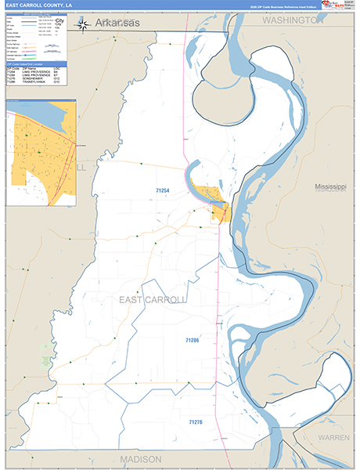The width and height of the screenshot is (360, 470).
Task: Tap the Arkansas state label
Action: pos(117,25)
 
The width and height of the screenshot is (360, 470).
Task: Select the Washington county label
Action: pos(292,21)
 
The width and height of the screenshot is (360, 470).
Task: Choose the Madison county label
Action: pos(141,458)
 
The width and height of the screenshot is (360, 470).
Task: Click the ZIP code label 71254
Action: pos(163,190)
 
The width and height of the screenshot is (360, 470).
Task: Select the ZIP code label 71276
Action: pos(195,422)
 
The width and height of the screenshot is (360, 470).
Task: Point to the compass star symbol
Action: pos(82,25)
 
